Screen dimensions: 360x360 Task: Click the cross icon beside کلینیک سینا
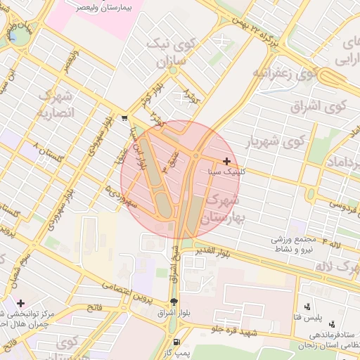pos(226,161)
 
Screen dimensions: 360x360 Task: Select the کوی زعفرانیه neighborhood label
pos(282,73)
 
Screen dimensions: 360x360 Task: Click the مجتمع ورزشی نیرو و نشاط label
pos(295,244)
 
